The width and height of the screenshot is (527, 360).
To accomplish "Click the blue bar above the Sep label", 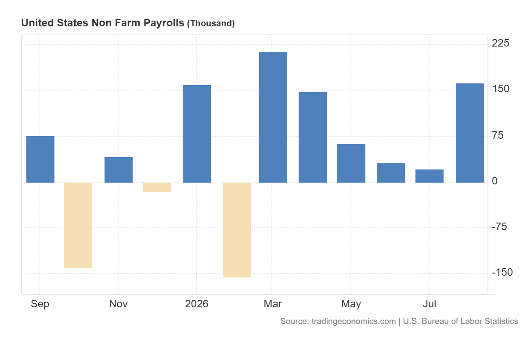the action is tap(40, 159).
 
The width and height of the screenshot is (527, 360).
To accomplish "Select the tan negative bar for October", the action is tap(78, 225).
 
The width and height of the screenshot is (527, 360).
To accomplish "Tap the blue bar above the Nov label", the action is tap(119, 170).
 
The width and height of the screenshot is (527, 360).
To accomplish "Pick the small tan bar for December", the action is tap(157, 187).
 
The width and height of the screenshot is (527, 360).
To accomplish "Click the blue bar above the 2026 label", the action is tap(197, 134).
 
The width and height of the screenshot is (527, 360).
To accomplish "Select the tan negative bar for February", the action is tap(237, 230).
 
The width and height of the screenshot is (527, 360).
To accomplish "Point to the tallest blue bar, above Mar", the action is tap(273, 117).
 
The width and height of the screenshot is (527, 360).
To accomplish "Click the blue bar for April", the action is tap(313, 137).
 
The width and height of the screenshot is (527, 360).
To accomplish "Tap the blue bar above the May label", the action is tap(351, 163).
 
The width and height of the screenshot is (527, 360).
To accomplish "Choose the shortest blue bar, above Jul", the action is tap(430, 176).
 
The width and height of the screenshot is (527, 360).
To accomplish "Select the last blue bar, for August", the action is tap(470, 133).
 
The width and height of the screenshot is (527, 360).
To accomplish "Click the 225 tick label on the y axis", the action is tap(500, 43).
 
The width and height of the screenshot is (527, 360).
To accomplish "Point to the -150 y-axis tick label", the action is tap(502, 272).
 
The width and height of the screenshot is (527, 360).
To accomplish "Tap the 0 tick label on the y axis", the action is tap(495, 181).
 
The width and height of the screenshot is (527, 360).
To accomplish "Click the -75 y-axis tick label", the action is tap(499, 227).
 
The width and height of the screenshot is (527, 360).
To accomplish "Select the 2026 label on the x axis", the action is tap(197, 304).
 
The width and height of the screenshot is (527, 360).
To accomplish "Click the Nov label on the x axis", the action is tap(118, 304).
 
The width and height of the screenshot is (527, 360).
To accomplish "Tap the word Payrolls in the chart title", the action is tap(164, 23).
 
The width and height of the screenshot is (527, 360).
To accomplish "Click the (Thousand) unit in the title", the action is tap(211, 24).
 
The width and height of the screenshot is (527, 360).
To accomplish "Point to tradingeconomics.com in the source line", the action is tap(354, 321).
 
